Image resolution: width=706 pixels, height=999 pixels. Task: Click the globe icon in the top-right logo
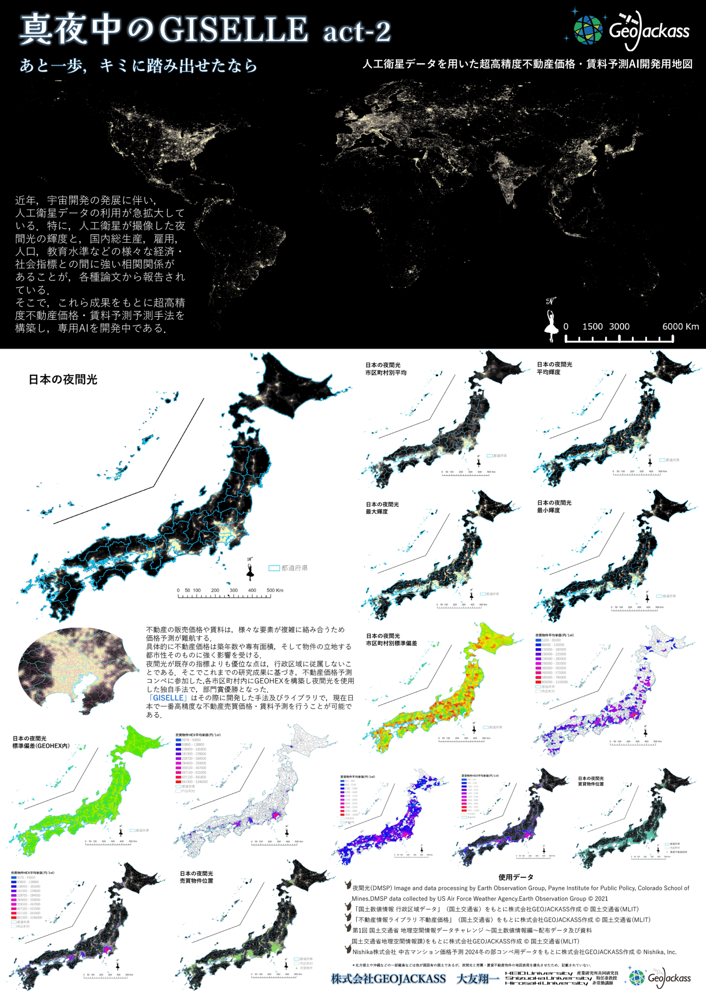pyautogui.click(x=588, y=30)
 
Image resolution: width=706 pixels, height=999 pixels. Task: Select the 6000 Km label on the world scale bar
pyautogui.click(x=680, y=327)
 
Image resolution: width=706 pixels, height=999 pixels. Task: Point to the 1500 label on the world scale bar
pyautogui.click(x=592, y=327)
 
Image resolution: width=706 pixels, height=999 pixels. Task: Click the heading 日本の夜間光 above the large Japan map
pyautogui.click(x=63, y=379)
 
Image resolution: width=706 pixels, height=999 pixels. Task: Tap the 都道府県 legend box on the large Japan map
pyautogui.click(x=274, y=568)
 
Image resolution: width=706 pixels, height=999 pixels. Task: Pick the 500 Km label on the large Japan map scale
pyautogui.click(x=275, y=590)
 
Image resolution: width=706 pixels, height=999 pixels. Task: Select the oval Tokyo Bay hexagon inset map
pyautogui.click(x=74, y=670)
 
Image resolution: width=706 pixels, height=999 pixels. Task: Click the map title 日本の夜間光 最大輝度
pyautogui.click(x=382, y=508)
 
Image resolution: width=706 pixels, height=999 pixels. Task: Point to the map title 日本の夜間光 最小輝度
pyautogui.click(x=554, y=507)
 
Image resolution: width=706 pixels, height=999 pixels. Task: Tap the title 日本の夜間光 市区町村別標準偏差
pyautogui.click(x=391, y=640)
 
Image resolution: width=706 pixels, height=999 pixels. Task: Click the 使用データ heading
pyautogui.click(x=516, y=877)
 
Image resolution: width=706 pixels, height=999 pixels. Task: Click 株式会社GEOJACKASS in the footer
pyautogui.click(x=388, y=979)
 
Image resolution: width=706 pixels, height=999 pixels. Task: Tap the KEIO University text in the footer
pyautogui.click(x=539, y=973)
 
